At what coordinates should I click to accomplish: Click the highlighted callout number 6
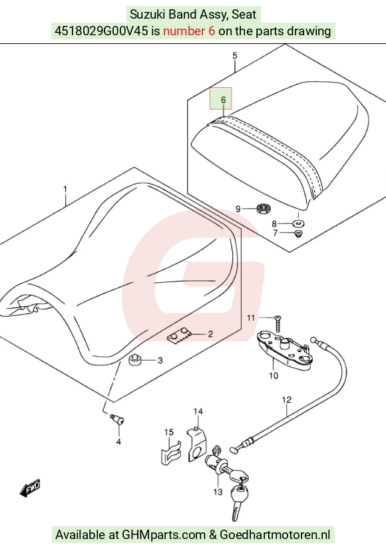tap(224, 100)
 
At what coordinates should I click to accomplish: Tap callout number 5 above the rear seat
tap(235, 55)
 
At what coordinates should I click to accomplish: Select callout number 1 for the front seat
tap(65, 189)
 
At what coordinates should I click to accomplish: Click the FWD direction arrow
tap(30, 487)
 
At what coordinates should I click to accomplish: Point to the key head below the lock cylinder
tap(240, 494)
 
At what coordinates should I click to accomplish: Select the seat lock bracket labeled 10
tap(284, 351)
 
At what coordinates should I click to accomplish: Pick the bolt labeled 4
tap(117, 420)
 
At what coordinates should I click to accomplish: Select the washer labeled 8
tap(298, 223)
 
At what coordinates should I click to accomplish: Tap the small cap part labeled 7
tap(298, 233)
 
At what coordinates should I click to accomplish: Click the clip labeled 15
tap(170, 453)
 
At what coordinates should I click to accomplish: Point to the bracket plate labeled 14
tap(197, 444)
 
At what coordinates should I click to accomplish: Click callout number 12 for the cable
tap(287, 399)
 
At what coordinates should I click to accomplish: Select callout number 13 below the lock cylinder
tap(218, 492)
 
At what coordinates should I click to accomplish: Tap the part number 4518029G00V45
tap(101, 31)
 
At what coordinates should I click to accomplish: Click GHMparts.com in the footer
tap(164, 534)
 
